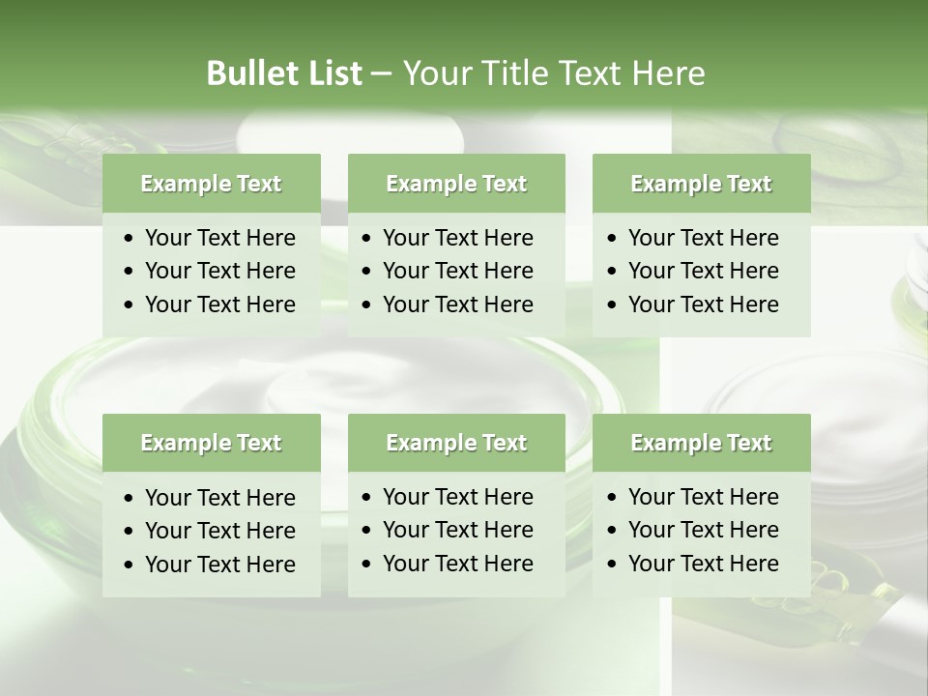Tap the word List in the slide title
(332, 73)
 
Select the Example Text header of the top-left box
(211, 184)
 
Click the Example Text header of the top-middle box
(456, 184)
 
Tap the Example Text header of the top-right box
(701, 184)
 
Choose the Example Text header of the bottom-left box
(211, 443)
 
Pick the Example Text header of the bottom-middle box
(456, 443)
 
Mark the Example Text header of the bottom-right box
(701, 443)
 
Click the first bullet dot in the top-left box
(130, 239)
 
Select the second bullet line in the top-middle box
(457, 271)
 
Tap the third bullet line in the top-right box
(703, 304)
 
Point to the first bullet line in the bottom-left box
(219, 498)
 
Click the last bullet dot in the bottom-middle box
(367, 565)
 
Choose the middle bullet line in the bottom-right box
(703, 530)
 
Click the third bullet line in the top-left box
(219, 304)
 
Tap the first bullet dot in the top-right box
(613, 239)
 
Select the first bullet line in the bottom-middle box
(457, 497)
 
